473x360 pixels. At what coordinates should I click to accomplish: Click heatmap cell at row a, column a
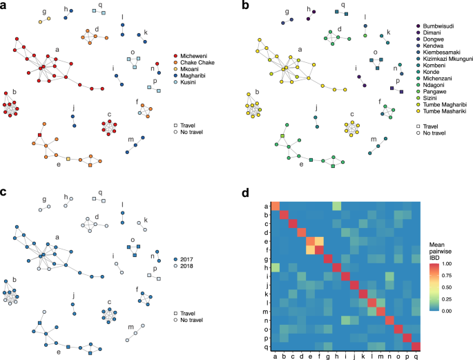274,205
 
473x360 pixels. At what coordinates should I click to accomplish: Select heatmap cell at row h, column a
274,267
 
